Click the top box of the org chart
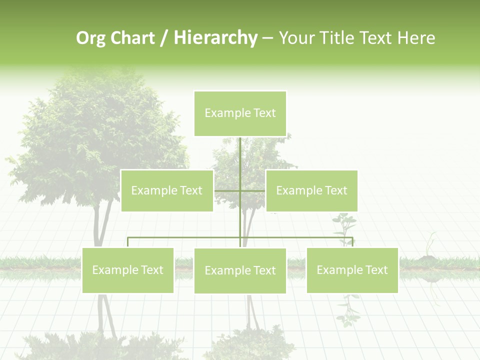point(240,113)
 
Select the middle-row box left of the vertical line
point(167,190)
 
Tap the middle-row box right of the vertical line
point(311,190)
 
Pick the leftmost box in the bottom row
point(128,270)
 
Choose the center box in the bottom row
point(240,270)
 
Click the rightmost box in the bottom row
point(352,270)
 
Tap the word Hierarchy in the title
point(215,38)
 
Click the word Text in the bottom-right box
point(375,270)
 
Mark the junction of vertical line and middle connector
point(240,190)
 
